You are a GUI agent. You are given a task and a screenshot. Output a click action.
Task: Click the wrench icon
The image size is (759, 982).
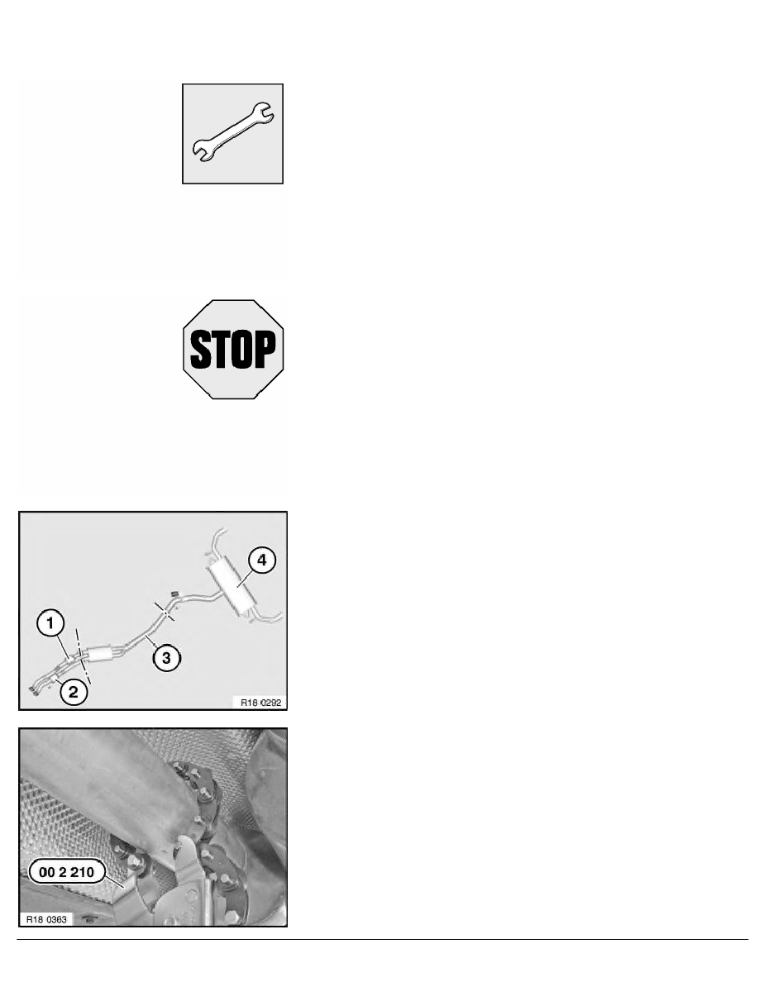click(232, 133)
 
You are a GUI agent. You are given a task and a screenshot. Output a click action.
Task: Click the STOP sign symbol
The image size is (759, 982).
click(233, 350)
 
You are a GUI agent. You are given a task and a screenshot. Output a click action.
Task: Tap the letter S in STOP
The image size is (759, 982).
click(200, 350)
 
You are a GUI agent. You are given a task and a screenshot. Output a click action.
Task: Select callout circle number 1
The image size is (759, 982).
click(50, 623)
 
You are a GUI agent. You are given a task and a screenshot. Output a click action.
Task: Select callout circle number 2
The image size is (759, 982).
click(74, 692)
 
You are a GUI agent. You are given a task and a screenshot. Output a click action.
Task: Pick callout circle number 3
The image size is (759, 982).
click(166, 658)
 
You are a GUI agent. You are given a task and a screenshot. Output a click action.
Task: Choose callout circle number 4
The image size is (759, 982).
click(262, 560)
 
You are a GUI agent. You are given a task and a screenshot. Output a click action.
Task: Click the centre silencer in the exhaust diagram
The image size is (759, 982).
click(99, 654)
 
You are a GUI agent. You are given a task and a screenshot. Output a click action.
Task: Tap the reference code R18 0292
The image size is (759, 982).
click(261, 703)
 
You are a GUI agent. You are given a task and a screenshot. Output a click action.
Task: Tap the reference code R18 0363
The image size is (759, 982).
click(46, 919)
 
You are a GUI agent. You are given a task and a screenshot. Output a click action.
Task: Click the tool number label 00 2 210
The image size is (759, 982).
click(66, 872)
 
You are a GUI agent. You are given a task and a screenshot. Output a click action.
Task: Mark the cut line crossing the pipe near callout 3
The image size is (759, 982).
click(165, 612)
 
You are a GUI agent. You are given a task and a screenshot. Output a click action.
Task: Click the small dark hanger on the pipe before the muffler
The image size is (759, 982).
click(174, 593)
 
